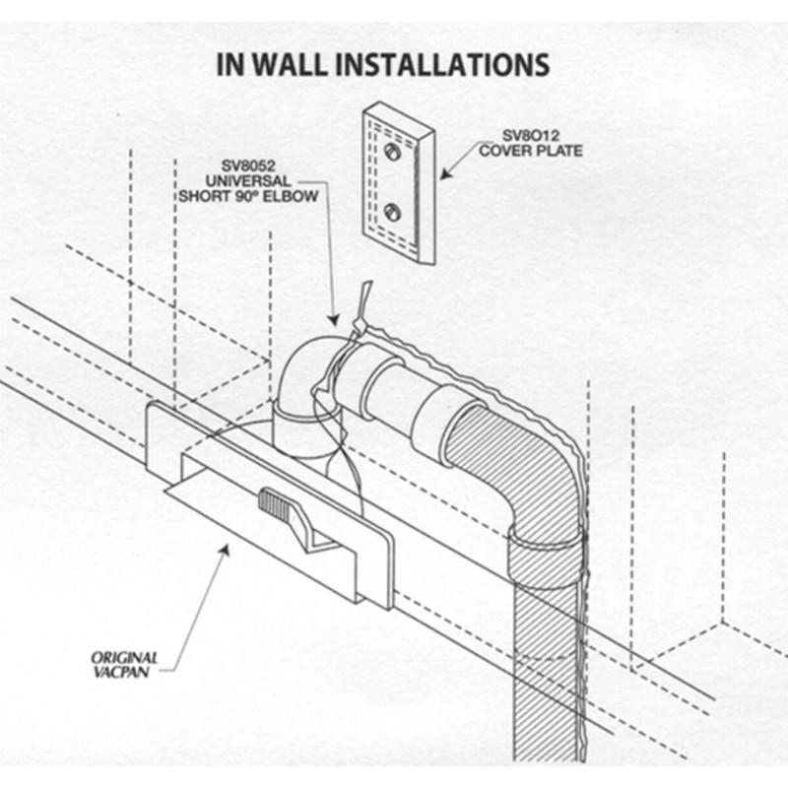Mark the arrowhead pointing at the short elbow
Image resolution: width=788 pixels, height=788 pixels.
(334, 322)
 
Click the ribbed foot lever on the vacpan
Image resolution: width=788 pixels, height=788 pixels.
(277, 503)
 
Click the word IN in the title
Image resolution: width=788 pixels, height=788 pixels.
(230, 65)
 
